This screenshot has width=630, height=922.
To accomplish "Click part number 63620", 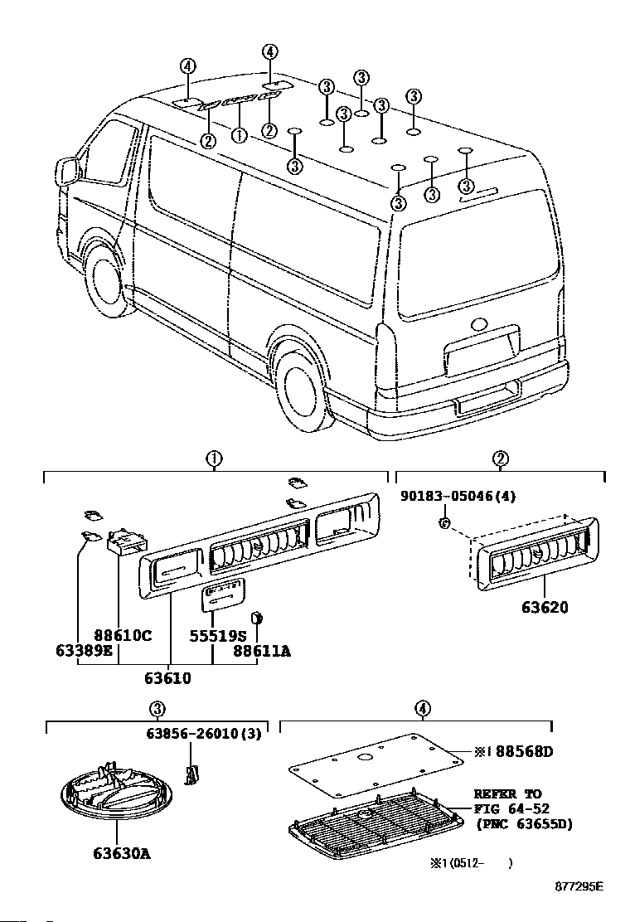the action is [x=545, y=607].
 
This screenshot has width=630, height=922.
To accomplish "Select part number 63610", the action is [x=167, y=678].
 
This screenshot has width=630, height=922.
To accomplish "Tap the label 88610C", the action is [x=123, y=635].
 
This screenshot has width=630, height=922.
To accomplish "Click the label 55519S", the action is [x=217, y=636].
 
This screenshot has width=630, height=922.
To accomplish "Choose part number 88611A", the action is [x=261, y=651].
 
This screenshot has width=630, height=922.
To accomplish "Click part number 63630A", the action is [x=122, y=852].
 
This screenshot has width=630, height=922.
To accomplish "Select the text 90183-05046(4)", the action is [x=458, y=496].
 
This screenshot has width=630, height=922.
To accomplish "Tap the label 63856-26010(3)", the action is [x=203, y=733].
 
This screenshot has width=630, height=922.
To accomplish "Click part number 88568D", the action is [x=524, y=751].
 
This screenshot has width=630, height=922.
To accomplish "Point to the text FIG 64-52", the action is [x=511, y=808].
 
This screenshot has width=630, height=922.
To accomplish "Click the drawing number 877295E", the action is [x=579, y=886].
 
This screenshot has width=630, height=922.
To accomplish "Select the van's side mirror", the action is [x=68, y=171].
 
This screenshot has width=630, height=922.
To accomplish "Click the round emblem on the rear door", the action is [x=480, y=323].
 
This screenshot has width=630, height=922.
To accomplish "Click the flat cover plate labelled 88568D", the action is [x=376, y=764].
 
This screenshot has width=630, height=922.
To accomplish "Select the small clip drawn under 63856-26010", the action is [x=191, y=775].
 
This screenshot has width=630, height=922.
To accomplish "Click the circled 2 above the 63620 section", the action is [x=500, y=459].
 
